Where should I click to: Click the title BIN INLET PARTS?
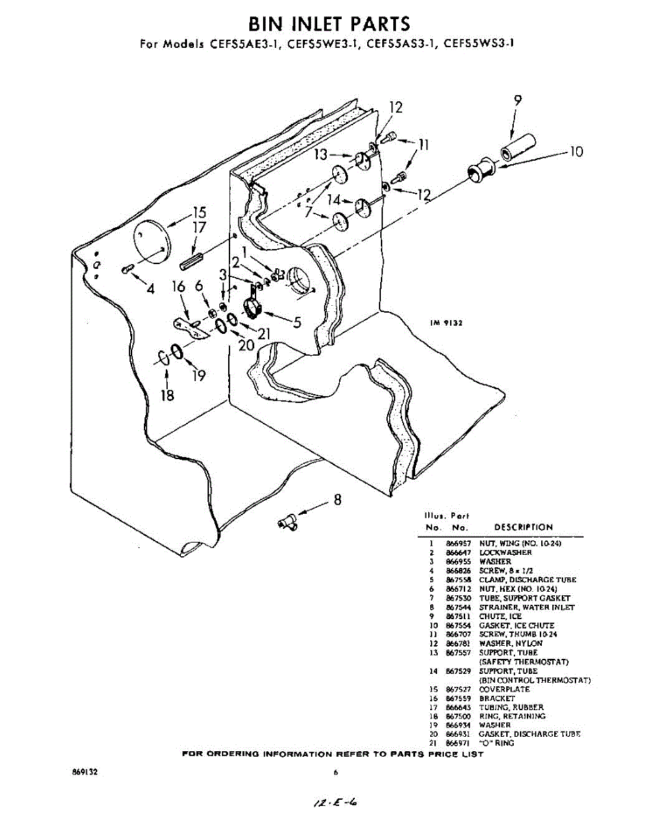[x=329, y=25]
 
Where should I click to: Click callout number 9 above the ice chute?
[x=517, y=101]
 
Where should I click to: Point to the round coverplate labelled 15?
[x=150, y=240]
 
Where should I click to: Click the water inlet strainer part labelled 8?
[x=286, y=523]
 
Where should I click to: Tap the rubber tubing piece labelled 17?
[x=192, y=260]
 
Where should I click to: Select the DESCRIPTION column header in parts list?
[x=523, y=527]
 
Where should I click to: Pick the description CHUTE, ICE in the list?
[x=500, y=616]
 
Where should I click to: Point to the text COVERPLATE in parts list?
[x=505, y=690]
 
